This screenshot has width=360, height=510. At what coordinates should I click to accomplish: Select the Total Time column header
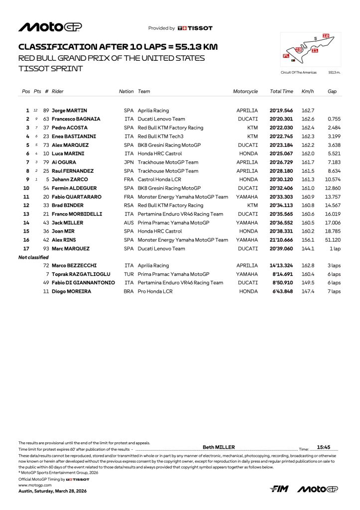pos(281,92)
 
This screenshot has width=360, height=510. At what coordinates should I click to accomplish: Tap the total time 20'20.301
pos(281,119)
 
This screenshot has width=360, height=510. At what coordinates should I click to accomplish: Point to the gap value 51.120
pos(334,240)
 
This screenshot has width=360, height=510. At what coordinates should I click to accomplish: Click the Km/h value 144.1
pos(307,248)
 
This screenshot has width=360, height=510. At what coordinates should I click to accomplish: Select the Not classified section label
pos(33,257)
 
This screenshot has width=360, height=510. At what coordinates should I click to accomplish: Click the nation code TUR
pos(128,274)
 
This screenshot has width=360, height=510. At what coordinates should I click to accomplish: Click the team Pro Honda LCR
pos(155,291)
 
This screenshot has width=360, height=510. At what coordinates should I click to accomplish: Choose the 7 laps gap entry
pos(334,291)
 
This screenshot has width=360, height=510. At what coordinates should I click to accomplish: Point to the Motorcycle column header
pos(245,92)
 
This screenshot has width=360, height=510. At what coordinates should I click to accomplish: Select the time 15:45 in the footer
pos(324,447)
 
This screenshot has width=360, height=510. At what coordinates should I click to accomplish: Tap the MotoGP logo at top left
pos(50,27)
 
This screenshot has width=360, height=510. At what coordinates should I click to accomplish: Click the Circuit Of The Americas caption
pos(299,72)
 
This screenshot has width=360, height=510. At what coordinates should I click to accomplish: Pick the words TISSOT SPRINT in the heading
pos(50,68)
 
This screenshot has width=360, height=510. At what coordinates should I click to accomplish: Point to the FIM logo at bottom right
pos(279,489)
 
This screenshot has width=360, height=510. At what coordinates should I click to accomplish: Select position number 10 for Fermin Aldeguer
pos(27,188)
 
